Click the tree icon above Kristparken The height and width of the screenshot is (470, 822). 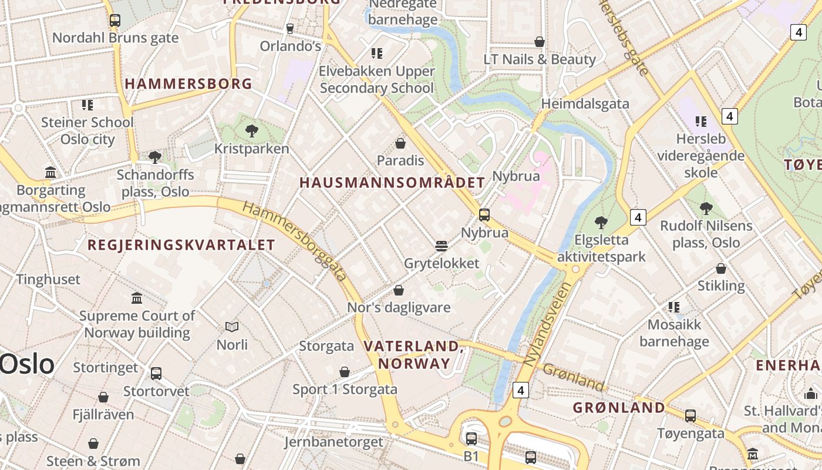tap(252, 130)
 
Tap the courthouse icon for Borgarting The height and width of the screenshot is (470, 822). tap(51, 173)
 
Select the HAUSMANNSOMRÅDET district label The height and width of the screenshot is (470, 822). tap(392, 183)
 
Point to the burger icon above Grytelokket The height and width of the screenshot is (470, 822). tap(442, 246)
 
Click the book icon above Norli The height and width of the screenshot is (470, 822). tap(232, 327)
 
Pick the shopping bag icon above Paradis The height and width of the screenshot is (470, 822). tap(400, 143)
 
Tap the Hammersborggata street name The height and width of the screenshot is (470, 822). tap(294, 241)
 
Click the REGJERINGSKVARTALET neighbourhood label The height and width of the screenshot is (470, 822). tap(181, 245)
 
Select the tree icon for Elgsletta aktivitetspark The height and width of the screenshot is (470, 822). tap(601, 222)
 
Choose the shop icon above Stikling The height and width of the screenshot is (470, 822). tap(721, 268)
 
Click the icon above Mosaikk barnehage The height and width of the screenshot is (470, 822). tap(674, 307)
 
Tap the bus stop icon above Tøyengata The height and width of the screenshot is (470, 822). tap(690, 415)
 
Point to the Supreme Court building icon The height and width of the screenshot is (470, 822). tap(137, 298)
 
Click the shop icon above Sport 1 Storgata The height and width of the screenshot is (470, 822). tap(345, 372)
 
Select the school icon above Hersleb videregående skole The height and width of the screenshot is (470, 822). tap(700, 122)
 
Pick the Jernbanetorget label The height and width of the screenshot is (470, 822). tap(333, 441)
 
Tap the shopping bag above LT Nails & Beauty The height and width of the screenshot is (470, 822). tap(539, 42)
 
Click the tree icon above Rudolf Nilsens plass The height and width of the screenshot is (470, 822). tap(706, 208)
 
